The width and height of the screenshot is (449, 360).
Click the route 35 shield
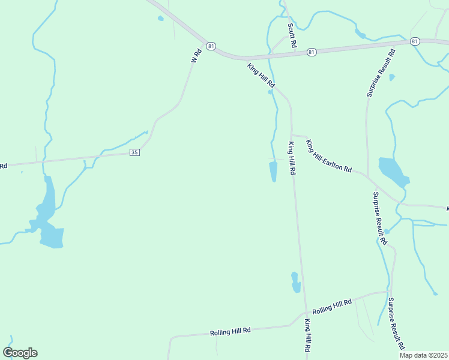click(x=134, y=153)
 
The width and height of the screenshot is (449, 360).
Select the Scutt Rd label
click(x=292, y=35)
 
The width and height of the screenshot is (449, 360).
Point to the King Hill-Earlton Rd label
click(x=328, y=156)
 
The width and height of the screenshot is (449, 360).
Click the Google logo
click(x=20, y=352)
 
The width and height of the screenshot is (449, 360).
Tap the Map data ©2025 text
click(x=423, y=355)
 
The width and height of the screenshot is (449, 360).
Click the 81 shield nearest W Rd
click(x=210, y=46)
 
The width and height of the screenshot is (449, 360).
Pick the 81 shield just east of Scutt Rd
click(x=311, y=52)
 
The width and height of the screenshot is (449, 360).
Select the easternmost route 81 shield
click(x=415, y=41)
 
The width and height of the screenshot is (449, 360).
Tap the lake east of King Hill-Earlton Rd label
click(x=391, y=172)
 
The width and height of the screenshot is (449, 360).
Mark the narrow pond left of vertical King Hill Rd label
click(x=273, y=170)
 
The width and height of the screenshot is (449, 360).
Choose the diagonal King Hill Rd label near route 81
click(x=261, y=76)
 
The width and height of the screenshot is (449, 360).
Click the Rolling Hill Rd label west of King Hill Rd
click(x=230, y=331)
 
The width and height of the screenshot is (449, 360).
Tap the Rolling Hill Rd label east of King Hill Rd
click(x=332, y=306)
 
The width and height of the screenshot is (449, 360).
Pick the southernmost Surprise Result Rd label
click(x=396, y=324)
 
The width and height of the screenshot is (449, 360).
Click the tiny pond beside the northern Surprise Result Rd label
click(x=392, y=77)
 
